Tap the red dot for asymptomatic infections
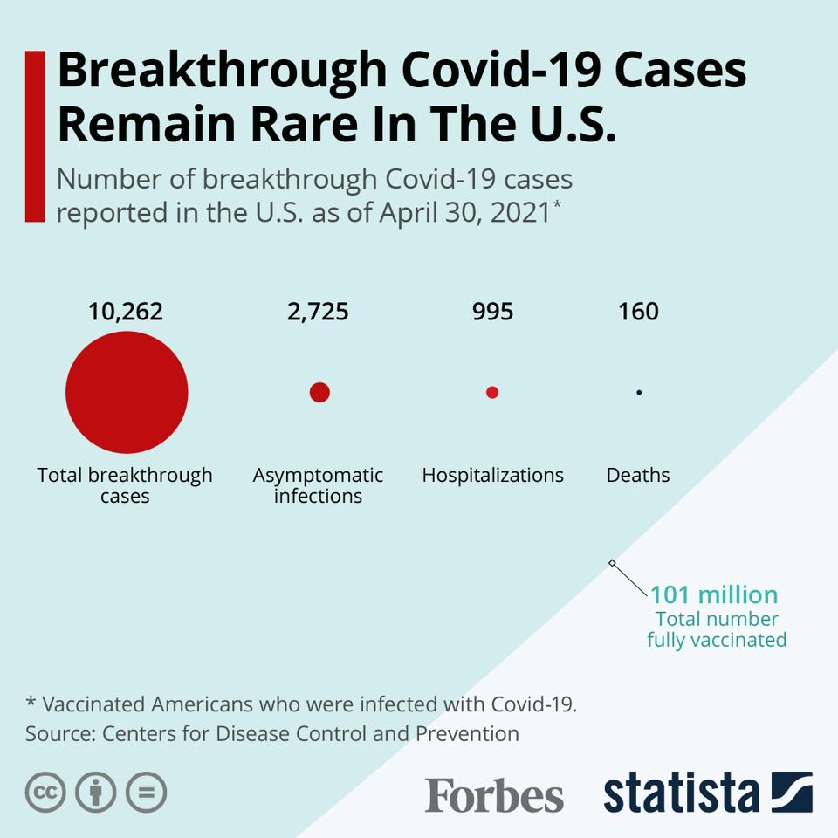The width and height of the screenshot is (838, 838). pyautogui.click(x=319, y=393)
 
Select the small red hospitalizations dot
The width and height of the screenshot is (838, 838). pyautogui.click(x=492, y=393)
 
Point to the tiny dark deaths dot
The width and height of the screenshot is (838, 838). pyautogui.click(x=639, y=393)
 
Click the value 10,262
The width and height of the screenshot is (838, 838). pyautogui.click(x=126, y=312)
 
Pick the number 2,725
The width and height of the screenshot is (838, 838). pyautogui.click(x=318, y=312)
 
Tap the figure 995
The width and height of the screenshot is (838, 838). pyautogui.click(x=492, y=312)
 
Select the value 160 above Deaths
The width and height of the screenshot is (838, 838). pyautogui.click(x=638, y=312)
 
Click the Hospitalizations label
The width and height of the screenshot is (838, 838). pyautogui.click(x=492, y=476)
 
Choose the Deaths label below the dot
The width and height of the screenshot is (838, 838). pyautogui.click(x=638, y=476)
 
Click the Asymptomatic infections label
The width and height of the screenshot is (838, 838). pyautogui.click(x=318, y=486)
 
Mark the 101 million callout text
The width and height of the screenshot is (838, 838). pyautogui.click(x=714, y=595)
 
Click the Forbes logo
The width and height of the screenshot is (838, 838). pyautogui.click(x=494, y=795)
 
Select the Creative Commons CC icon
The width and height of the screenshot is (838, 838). pyautogui.click(x=45, y=793)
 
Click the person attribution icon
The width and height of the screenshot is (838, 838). pyautogui.click(x=96, y=793)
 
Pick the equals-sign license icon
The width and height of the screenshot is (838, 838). pyautogui.click(x=146, y=793)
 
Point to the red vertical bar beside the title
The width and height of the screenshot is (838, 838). pyautogui.click(x=35, y=136)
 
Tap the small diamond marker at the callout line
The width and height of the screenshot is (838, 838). pyautogui.click(x=612, y=563)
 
